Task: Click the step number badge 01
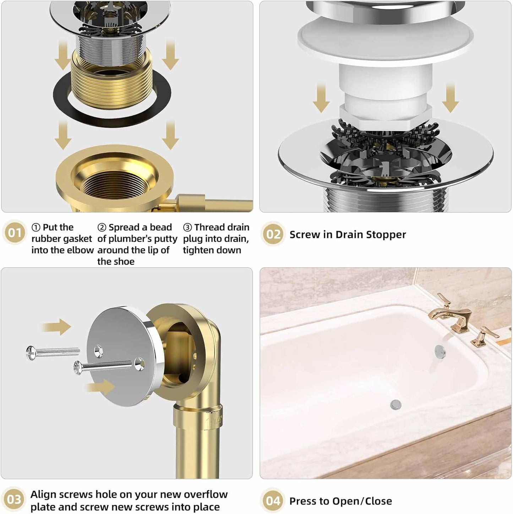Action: click(x=15, y=233)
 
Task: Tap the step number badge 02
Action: click(x=273, y=234)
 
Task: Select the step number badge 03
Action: click(x=14, y=500)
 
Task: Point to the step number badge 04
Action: click(x=273, y=501)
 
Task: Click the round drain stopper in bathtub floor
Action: click(x=395, y=404)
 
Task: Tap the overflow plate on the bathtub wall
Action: click(x=440, y=351)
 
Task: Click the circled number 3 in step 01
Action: click(x=187, y=228)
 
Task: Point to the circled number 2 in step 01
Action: click(x=102, y=228)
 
